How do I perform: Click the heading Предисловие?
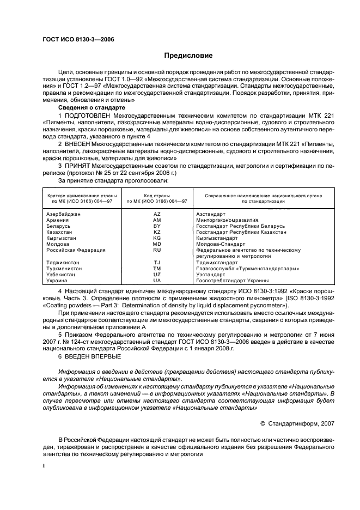coord(188,55)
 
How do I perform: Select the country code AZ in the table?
coord(157,214)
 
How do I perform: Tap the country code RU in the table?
coord(157,250)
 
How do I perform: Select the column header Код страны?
coord(157,195)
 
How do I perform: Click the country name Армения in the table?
coord(58,220)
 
